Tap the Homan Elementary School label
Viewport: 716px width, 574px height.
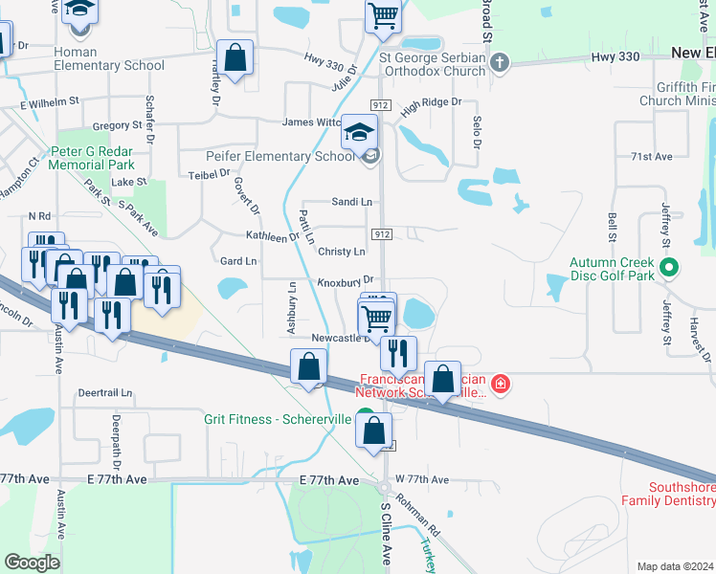click(x=109, y=58)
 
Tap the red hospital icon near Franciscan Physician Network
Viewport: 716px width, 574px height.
click(x=500, y=385)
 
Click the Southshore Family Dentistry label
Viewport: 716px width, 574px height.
click(x=667, y=493)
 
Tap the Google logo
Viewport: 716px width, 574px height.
click(x=32, y=563)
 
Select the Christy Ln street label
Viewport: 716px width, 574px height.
click(x=342, y=252)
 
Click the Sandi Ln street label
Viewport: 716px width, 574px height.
click(x=351, y=202)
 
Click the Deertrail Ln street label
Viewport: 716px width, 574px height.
click(x=104, y=392)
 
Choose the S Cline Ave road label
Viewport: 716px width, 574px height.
click(x=385, y=534)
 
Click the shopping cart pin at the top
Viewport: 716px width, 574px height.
click(x=383, y=16)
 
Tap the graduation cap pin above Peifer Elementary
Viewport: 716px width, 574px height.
click(x=360, y=132)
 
